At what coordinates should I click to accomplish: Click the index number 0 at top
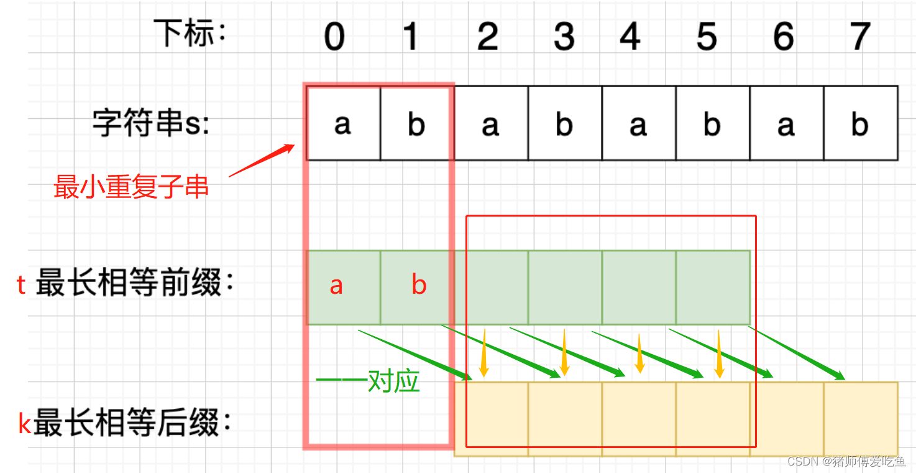[x=334, y=37]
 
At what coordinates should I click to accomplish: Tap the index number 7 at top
[x=860, y=37]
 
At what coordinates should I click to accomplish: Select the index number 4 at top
[x=630, y=37]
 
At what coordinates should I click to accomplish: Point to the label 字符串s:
[x=152, y=123]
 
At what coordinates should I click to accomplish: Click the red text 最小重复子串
[x=131, y=187]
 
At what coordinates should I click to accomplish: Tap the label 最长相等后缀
[x=132, y=424]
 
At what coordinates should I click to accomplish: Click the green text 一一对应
[x=368, y=381]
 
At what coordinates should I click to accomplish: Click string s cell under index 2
[x=491, y=123]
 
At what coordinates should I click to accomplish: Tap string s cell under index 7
[x=861, y=123]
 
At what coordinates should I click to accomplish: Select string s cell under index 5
[x=712, y=123]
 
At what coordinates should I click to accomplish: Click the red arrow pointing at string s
[x=262, y=161]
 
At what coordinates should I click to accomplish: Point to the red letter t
[x=21, y=285]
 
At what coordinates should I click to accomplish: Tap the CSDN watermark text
[x=846, y=461]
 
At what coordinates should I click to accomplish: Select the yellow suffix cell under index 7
[x=861, y=419]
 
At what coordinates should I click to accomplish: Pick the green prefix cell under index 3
[x=565, y=288]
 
